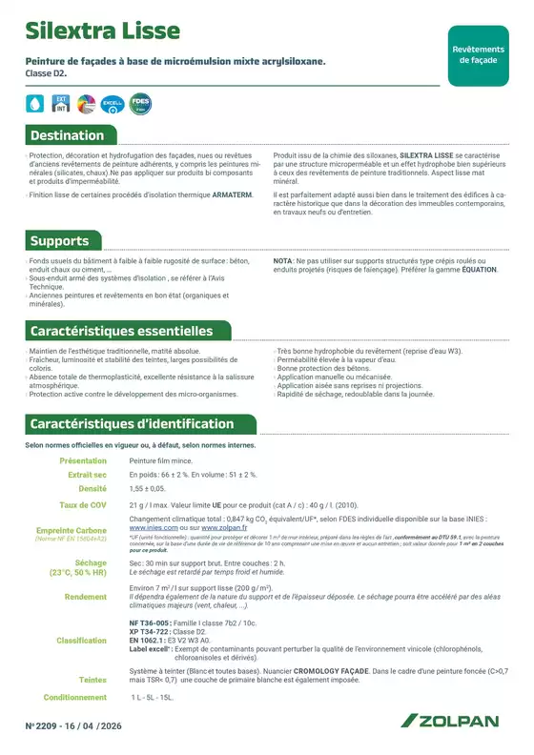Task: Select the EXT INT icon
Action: (x=60, y=104)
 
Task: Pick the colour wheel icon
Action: (x=86, y=104)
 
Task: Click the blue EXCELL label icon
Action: (x=113, y=104)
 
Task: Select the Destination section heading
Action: (x=67, y=135)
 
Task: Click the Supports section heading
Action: (x=59, y=241)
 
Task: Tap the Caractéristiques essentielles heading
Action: (x=121, y=332)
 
